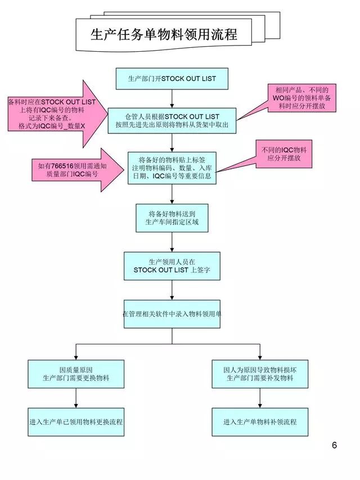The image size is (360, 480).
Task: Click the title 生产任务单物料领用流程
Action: tap(164, 34)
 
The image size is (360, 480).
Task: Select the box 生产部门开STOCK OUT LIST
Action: tap(172, 78)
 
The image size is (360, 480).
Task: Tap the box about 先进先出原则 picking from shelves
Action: tap(172, 120)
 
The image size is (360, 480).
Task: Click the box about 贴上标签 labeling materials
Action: tap(172, 168)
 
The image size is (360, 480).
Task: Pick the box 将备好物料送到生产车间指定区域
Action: tap(172, 218)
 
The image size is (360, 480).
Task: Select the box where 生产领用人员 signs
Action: tap(172, 266)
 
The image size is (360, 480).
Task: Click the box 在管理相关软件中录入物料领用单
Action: tap(172, 313)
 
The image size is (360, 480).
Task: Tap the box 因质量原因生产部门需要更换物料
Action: tap(76, 374)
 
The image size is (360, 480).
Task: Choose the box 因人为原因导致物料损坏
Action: tap(259, 374)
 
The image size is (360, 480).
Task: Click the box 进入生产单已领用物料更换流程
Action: tap(76, 421)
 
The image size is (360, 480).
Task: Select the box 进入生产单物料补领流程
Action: tap(259, 421)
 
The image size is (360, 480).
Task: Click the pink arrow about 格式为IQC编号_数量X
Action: tap(56, 114)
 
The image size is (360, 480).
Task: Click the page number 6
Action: tap(334, 446)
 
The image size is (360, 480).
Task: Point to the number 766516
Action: tap(64, 165)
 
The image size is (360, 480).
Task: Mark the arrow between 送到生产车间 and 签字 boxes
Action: tap(172, 241)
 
